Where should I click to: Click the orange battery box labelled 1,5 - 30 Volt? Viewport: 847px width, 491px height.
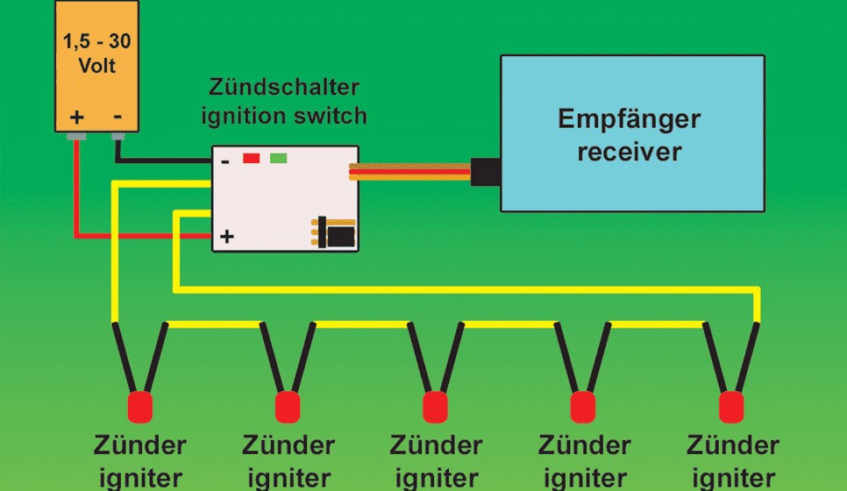[96, 66]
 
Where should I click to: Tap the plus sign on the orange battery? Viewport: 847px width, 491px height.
[76, 117]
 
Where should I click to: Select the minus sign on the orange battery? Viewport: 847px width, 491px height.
[117, 116]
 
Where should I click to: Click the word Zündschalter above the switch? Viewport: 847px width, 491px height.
[283, 87]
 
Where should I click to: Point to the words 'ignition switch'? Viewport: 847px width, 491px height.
[283, 116]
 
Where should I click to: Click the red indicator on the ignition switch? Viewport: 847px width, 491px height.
[251, 158]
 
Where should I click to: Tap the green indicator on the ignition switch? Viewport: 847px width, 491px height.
[278, 158]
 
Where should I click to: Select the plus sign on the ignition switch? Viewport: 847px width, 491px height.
[227, 236]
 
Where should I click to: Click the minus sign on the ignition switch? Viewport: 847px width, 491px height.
[225, 161]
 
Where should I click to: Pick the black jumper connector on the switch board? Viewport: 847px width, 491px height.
[338, 233]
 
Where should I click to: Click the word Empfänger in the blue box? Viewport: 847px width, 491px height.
[630, 120]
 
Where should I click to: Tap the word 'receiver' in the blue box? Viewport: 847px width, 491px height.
[630, 151]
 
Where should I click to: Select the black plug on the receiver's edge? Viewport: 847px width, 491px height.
[486, 172]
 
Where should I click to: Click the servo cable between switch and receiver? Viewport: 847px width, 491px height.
[410, 172]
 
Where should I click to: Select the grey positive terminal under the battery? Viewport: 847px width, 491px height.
[76, 136]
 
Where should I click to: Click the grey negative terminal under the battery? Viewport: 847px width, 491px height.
[117, 136]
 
